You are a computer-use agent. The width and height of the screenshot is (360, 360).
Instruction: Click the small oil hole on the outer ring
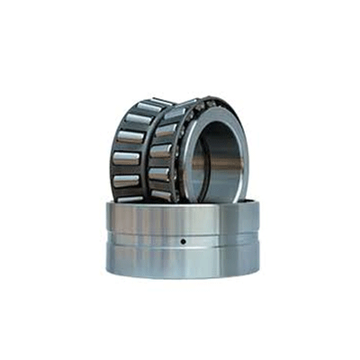[x=182, y=241]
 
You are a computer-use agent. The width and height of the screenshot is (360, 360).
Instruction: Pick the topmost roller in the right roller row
[x=178, y=108]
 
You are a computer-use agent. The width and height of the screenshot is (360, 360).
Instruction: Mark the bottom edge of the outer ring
[x=182, y=278]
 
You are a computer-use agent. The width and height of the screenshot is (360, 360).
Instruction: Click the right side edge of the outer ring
[x=257, y=238]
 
